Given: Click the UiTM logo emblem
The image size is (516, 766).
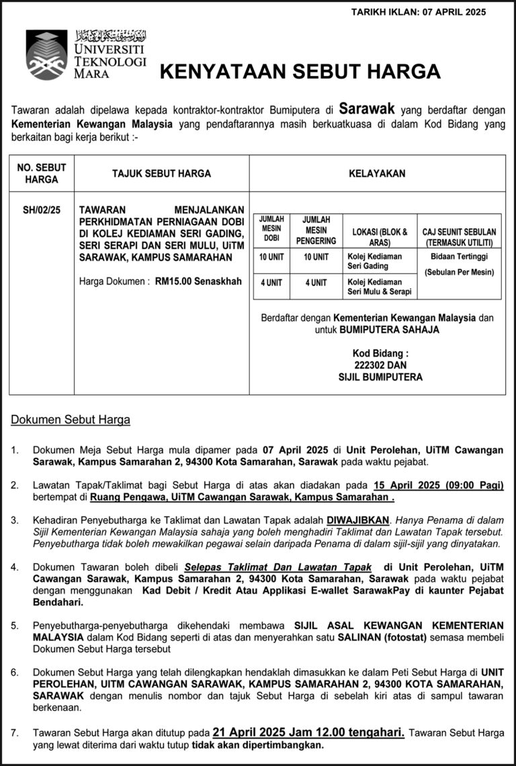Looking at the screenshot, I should (46, 54).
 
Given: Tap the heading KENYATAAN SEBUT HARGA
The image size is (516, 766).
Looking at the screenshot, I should (300, 72).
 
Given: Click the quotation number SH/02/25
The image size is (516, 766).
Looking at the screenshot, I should (42, 210).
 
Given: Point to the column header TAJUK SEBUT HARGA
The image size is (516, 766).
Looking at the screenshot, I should (161, 173).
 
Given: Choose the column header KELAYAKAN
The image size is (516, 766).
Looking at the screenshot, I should (377, 173).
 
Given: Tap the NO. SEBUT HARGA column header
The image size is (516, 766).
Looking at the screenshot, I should (42, 173).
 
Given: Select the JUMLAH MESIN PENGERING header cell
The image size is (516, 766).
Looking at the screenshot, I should (316, 230).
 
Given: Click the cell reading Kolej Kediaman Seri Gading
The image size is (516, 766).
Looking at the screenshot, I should (374, 261).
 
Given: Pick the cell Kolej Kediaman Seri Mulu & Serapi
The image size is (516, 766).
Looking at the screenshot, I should (379, 287).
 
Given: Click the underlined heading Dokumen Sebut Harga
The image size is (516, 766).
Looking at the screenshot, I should (71, 420).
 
